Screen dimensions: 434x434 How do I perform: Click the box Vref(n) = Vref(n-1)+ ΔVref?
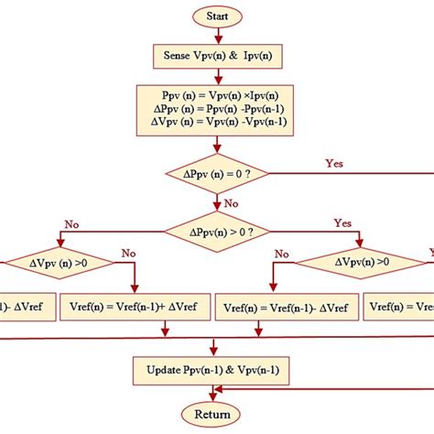tap(136, 306)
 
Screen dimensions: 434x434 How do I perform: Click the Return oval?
tap(212, 415)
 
